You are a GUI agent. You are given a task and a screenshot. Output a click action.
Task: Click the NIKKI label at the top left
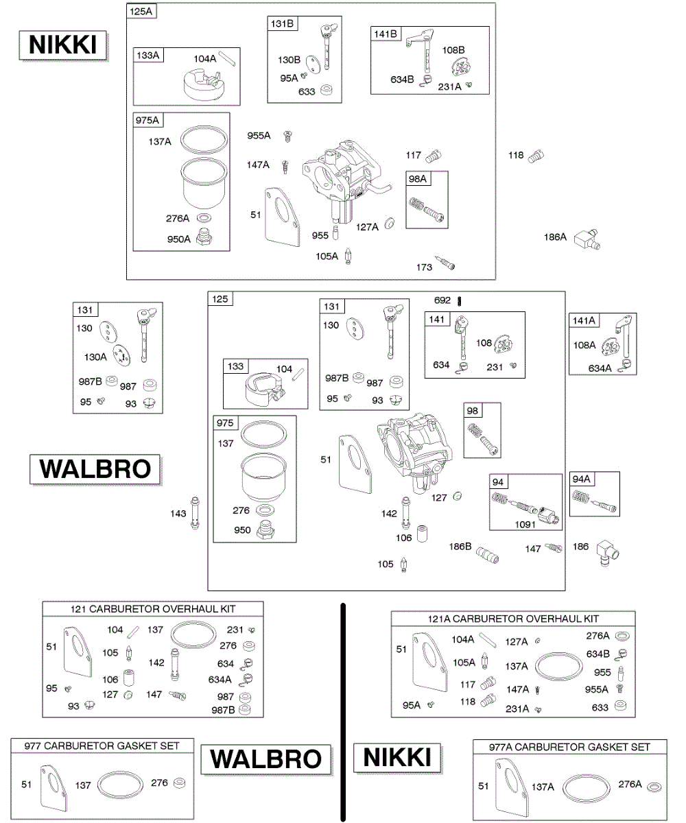[63, 45]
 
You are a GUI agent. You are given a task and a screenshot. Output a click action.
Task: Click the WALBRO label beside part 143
[95, 469]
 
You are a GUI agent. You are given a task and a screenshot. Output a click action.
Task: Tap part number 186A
[555, 237]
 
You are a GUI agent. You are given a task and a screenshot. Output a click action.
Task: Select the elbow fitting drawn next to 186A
[587, 239]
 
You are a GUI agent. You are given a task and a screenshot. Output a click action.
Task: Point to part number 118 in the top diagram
[516, 155]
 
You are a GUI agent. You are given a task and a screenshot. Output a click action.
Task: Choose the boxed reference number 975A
[148, 121]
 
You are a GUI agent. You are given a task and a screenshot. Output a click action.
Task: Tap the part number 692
[442, 300]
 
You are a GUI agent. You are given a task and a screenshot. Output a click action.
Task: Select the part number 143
[178, 513]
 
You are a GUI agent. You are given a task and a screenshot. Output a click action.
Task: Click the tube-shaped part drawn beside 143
[196, 512]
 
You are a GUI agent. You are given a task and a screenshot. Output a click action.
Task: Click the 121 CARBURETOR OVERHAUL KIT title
[152, 609]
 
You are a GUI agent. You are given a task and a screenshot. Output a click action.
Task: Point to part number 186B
[460, 547]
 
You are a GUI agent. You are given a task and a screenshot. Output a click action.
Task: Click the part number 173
[425, 267]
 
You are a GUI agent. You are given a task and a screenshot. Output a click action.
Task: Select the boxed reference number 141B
[383, 34]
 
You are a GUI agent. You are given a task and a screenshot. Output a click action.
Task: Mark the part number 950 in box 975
[241, 530]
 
